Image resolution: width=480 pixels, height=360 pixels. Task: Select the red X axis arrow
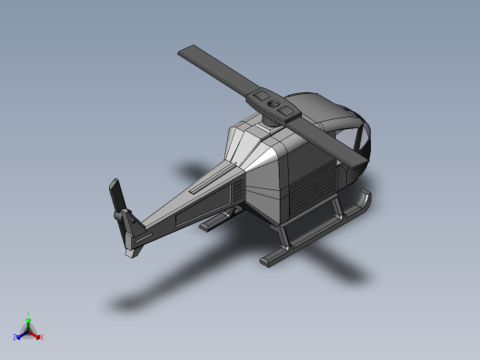pyautogui.click(x=36, y=334)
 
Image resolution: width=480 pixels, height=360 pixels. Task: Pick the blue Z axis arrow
pyautogui.click(x=20, y=334)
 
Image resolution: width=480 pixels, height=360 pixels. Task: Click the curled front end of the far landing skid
pyautogui.click(x=366, y=196)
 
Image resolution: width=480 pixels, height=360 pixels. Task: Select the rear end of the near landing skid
pyautogui.click(x=269, y=262)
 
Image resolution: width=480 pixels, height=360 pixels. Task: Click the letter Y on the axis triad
pyautogui.click(x=29, y=313)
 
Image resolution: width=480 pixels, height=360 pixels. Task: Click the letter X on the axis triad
pyautogui.click(x=42, y=337)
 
